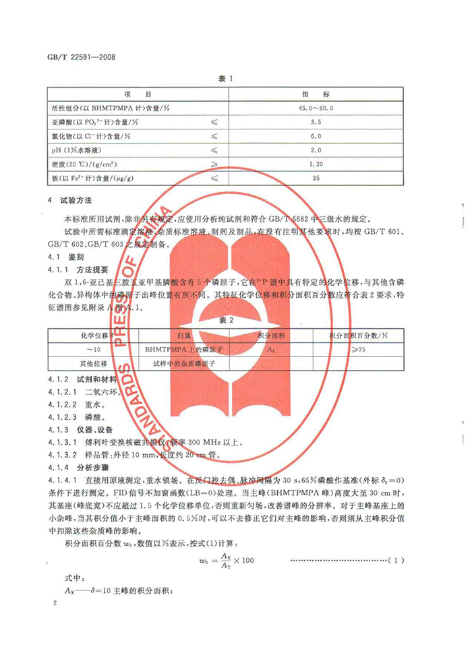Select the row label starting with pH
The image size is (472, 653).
click(x=87, y=152)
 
